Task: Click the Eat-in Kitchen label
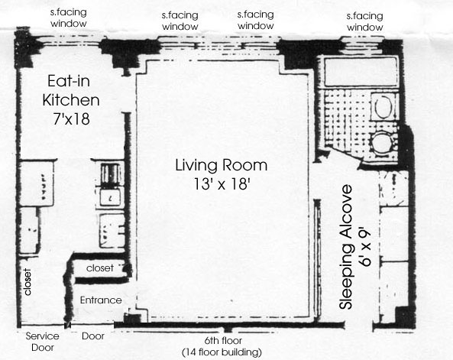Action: [x=71, y=90]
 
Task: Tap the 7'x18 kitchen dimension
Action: [x=71, y=118]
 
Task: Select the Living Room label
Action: [x=222, y=165]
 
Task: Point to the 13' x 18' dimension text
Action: [x=222, y=183]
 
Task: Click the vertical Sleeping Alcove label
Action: [x=346, y=247]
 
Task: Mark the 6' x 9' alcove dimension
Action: [x=365, y=248]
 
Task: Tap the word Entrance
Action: [x=101, y=300]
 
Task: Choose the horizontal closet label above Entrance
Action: [x=99, y=268]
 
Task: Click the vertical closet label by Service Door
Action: [x=28, y=282]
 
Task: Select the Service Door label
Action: [x=43, y=342]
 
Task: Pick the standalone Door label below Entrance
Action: [x=93, y=336]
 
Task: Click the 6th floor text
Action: [x=223, y=341]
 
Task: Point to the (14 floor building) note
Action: [x=222, y=352]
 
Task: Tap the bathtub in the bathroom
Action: [x=361, y=72]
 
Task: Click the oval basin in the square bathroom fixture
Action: [x=383, y=106]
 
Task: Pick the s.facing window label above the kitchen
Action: [x=69, y=18]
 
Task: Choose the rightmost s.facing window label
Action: [x=365, y=21]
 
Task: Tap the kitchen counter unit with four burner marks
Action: [x=37, y=183]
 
